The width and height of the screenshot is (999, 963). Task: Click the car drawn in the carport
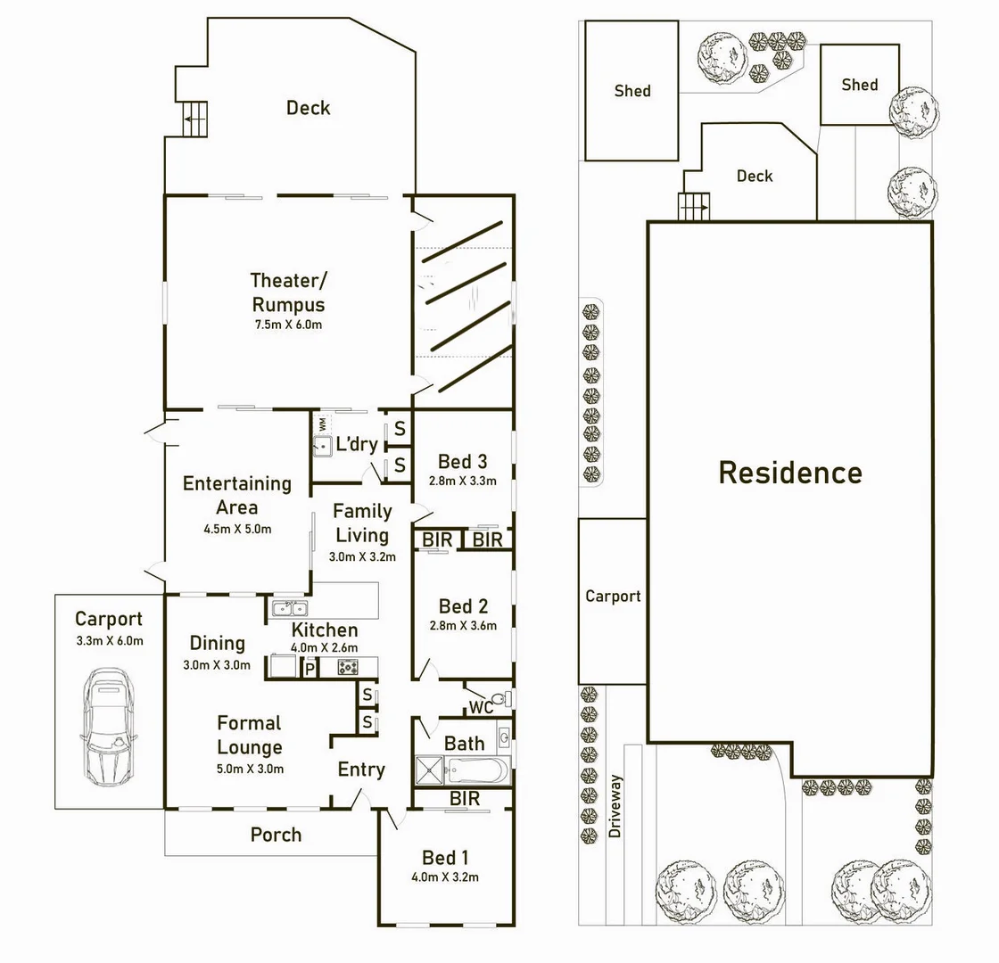tap(110, 726)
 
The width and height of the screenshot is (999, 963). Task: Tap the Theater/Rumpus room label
tap(287, 292)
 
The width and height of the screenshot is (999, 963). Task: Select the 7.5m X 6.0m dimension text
tap(287, 325)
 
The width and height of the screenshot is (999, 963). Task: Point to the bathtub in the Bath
tap(477, 770)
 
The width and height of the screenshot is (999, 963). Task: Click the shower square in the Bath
tap(430, 770)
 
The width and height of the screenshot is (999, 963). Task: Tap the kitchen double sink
tap(287, 609)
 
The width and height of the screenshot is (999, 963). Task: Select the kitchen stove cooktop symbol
tap(346, 667)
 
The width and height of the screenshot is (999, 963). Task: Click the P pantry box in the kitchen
tap(310, 668)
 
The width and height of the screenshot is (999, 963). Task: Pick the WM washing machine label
tap(322, 424)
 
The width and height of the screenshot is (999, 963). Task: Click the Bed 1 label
tap(444, 858)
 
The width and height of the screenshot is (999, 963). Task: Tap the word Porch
tap(276, 835)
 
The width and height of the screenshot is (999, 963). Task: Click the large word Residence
tap(790, 473)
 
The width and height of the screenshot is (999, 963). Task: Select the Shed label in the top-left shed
tap(632, 91)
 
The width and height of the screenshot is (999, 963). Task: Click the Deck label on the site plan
tap(755, 177)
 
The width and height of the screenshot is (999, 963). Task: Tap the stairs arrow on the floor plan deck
tap(195, 118)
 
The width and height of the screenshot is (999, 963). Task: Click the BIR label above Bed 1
tap(465, 799)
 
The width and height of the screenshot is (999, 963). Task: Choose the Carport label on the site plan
tap(613, 597)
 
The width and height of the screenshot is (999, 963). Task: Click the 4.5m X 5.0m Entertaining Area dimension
tap(237, 529)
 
